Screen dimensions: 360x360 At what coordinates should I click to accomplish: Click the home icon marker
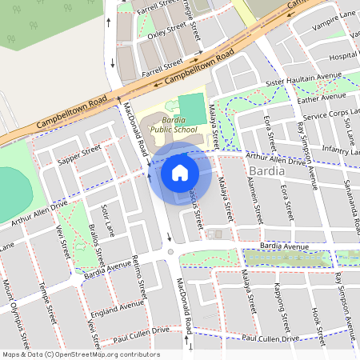[180, 172]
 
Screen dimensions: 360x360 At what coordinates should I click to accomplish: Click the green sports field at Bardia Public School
[191, 109]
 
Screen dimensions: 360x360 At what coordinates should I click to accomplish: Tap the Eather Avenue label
[321, 98]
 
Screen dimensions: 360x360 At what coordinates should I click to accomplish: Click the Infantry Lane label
[337, 149]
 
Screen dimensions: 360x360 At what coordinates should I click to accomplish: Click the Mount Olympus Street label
[18, 312]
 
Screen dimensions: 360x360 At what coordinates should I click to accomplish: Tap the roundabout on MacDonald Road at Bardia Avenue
[170, 253]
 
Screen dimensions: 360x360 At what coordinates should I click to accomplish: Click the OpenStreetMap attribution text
[80, 354]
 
